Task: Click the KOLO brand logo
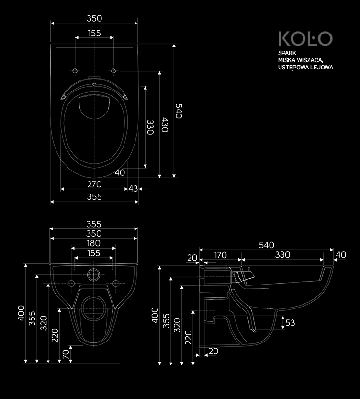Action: (x=305, y=39)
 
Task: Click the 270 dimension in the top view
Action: (x=94, y=184)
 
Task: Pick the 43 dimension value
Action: (x=133, y=189)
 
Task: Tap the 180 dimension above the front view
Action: (x=94, y=243)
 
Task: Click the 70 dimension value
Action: (x=65, y=354)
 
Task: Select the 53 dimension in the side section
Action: (x=290, y=323)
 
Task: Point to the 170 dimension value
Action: (x=220, y=255)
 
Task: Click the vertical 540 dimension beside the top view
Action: (x=179, y=111)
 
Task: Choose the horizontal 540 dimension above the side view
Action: (x=266, y=245)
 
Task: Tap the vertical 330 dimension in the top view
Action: (x=150, y=127)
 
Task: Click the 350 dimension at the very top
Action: (x=94, y=18)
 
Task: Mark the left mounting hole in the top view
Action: (x=75, y=71)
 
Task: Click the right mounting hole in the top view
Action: (x=113, y=71)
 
